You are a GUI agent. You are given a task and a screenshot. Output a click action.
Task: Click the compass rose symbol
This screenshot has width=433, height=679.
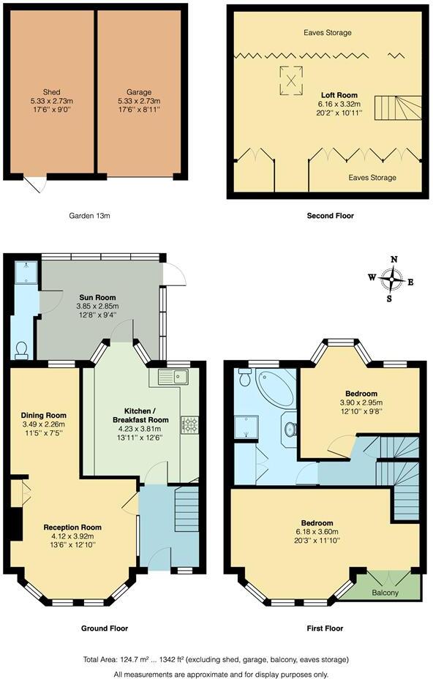(394, 278)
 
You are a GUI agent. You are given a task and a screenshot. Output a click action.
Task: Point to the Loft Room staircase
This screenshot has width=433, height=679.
(399, 108)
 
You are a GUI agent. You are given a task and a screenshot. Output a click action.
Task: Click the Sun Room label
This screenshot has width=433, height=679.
(97, 296)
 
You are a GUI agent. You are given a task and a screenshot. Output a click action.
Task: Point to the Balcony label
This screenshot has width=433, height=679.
(385, 593)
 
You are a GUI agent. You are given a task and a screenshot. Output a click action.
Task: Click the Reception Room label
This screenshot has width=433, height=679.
(72, 527)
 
